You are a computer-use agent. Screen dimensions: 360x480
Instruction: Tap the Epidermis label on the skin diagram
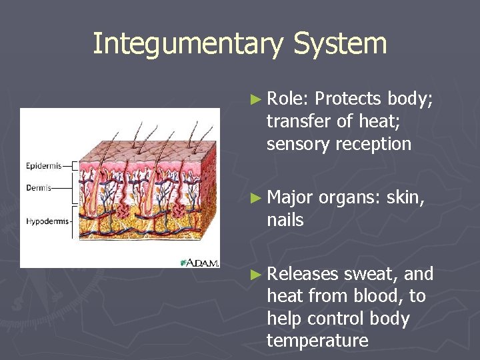pos(43,165)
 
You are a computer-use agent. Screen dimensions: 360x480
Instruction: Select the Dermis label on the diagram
pos(39,187)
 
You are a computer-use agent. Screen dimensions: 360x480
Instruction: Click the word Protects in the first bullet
pos(348,99)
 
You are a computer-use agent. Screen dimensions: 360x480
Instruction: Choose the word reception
pos(378,144)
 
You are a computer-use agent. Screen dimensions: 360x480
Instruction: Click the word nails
pos(285,220)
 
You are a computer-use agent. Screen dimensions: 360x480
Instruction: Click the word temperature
pos(317,341)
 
